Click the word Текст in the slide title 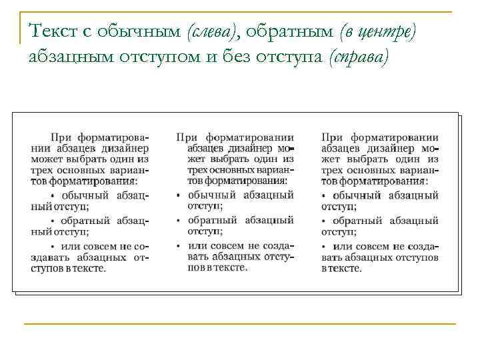(x=51, y=31)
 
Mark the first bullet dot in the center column (x=179, y=196)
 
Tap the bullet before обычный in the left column (x=53, y=196)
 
